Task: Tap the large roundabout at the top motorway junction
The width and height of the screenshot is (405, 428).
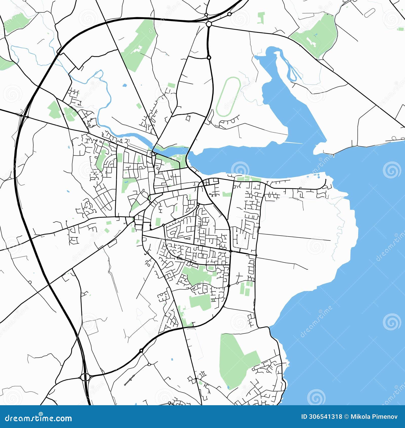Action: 209,24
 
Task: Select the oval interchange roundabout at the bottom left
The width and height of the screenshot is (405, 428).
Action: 86,377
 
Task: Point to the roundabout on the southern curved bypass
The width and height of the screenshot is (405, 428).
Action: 141,351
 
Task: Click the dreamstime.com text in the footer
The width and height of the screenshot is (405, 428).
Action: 38,418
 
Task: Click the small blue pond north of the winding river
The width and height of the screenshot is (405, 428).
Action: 124,85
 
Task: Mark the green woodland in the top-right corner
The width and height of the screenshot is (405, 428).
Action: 316,35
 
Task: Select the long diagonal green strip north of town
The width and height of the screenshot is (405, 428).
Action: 139,46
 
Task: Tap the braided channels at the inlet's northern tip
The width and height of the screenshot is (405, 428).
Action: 290,67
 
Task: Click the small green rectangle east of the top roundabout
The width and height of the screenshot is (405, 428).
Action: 261,18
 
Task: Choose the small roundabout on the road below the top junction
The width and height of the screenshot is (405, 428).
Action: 209,58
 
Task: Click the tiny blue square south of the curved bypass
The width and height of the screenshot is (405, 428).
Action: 172,359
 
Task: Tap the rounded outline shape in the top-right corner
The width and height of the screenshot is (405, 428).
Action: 370,12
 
